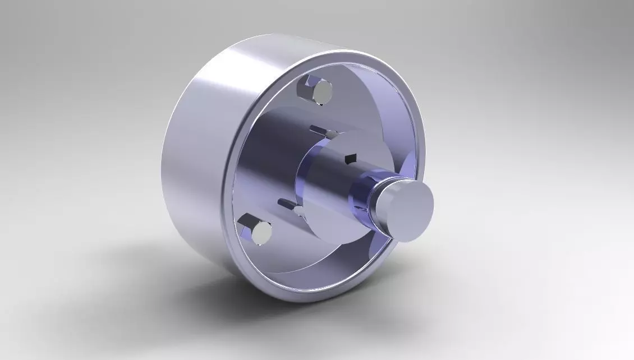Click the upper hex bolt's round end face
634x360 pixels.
tap(323, 93)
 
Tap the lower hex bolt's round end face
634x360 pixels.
tap(261, 233)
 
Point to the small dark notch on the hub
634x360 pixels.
tap(351, 159)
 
